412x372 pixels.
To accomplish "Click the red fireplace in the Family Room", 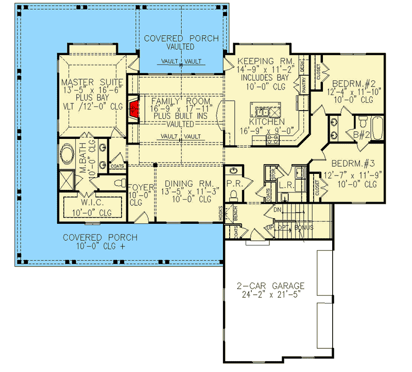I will click(135, 109).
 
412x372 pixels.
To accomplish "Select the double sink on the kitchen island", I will click(263, 112).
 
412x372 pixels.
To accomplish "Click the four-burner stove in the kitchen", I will click(271, 138).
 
